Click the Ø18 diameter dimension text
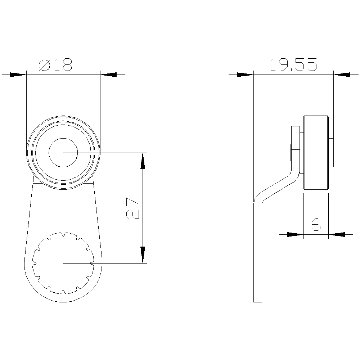[55, 65]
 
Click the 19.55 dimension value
[293, 65]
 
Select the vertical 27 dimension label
[133, 208]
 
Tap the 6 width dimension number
[316, 225]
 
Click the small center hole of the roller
[63, 153]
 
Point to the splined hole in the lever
[63, 263]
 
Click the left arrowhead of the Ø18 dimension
[18, 75]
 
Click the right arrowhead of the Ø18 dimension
[109, 75]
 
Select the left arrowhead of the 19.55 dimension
[245, 75]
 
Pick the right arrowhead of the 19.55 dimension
[342, 75]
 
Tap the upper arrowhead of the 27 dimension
[143, 161]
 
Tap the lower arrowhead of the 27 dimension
[143, 255]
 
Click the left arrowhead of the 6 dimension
[295, 234]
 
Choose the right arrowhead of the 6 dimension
[337, 234]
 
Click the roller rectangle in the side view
[316, 153]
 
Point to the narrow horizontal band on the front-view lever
[63, 202]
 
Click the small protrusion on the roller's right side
[331, 153]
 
